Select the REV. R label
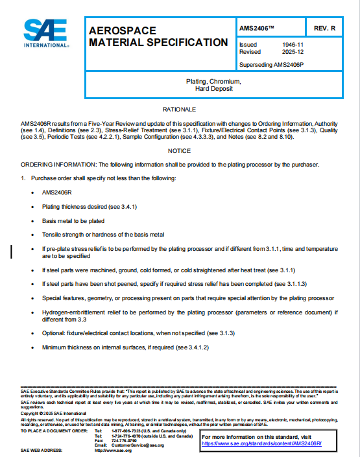[x=324, y=29]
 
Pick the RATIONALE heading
[x=180, y=110]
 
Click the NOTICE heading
[x=180, y=151]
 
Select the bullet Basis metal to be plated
[x=75, y=220]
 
